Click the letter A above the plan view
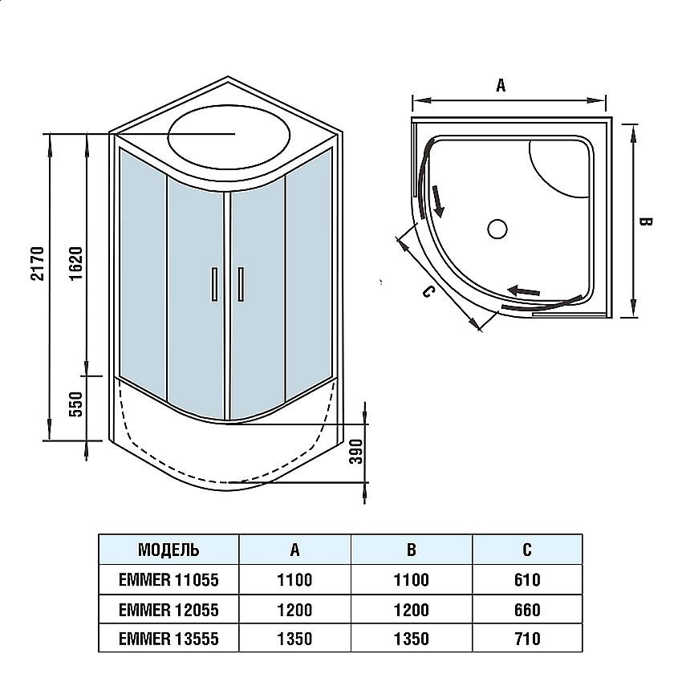click(x=501, y=86)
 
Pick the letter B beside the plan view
click(x=647, y=221)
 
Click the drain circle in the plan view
click(x=497, y=229)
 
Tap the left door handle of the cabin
click(x=213, y=284)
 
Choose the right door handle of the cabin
click(x=241, y=284)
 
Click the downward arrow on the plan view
click(x=438, y=201)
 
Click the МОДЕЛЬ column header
click(x=168, y=550)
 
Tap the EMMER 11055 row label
click(x=168, y=580)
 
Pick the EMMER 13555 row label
click(x=168, y=639)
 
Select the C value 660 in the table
click(x=526, y=610)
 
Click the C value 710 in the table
click(x=526, y=639)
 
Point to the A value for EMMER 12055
click(x=294, y=610)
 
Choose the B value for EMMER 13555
click(x=411, y=639)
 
